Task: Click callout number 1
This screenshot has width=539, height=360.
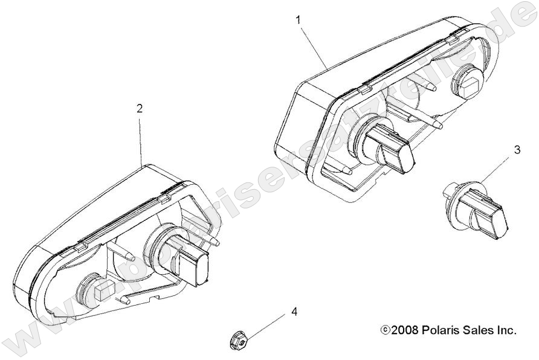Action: [x=298, y=19]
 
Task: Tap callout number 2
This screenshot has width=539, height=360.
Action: [x=140, y=109]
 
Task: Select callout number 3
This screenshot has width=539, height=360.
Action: [x=517, y=150]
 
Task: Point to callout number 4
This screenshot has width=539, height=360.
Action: [x=294, y=312]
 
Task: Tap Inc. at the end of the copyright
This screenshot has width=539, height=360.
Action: [x=506, y=330]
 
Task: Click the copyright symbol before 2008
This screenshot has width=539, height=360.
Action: [x=385, y=330]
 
